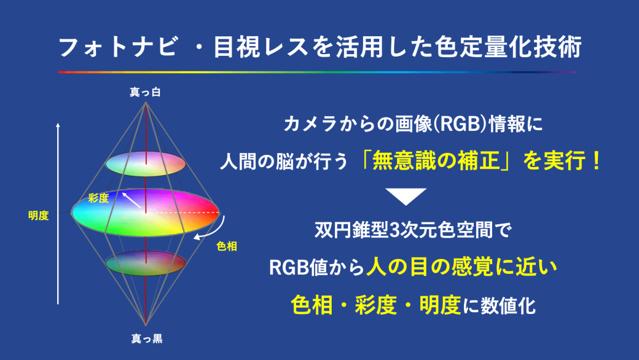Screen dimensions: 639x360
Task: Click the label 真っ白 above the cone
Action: tap(145, 92)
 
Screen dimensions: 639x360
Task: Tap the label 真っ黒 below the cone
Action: tap(147, 338)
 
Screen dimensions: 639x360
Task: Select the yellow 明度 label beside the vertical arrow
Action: tap(39, 216)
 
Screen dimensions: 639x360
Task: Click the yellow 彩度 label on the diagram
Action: tap(99, 198)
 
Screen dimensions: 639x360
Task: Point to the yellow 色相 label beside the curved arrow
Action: tap(227, 246)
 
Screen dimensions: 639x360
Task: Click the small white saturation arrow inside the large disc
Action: tap(132, 200)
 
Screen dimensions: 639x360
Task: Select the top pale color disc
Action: tap(146, 163)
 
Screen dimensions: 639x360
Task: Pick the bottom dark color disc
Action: tap(146, 263)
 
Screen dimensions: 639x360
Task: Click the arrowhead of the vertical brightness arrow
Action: tap(58, 125)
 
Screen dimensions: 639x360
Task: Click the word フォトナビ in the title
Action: tap(119, 47)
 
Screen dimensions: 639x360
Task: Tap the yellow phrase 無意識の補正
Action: tap(436, 160)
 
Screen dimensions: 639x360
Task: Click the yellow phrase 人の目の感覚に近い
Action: tap(461, 268)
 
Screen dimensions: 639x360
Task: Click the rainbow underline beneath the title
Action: tap(318, 72)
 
